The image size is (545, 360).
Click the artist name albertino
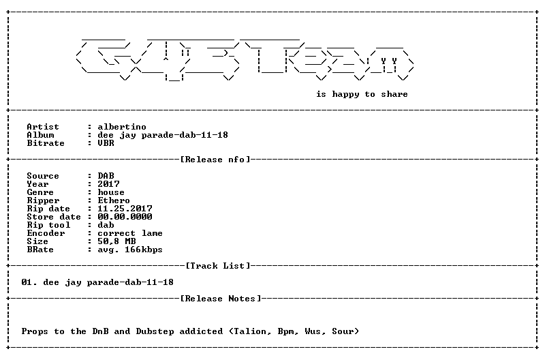122,127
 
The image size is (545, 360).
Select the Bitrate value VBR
106,143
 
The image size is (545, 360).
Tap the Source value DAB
106,176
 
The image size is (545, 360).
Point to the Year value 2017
108,184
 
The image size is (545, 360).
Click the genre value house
111,192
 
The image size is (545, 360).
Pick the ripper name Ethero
114,200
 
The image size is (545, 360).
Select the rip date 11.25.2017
125,209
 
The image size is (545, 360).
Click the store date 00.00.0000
125,217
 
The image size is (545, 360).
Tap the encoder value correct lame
130,233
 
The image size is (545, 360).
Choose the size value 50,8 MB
116,241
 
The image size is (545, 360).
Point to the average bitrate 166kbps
144,250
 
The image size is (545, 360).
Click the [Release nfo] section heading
215,160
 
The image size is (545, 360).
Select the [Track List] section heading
218,266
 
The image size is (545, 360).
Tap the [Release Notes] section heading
221,299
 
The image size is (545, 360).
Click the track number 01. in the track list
29,282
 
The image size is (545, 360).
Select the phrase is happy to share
362,94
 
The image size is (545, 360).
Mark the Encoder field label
46,233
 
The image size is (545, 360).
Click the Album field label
40,135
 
